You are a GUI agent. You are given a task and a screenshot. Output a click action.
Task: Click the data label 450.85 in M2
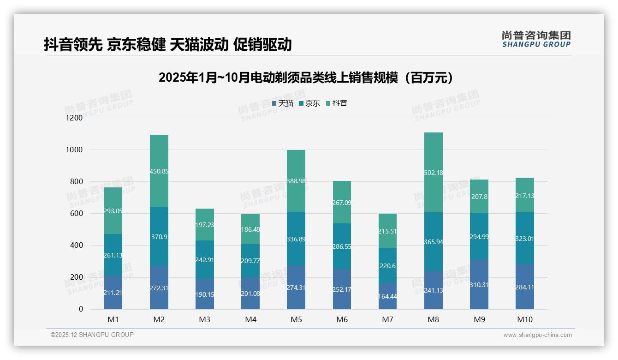tap(159, 171)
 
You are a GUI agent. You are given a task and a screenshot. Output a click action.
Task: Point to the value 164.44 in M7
tap(387, 297)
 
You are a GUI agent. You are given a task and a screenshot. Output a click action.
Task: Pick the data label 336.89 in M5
tap(296, 239)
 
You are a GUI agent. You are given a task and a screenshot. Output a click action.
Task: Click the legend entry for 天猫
tap(283, 103)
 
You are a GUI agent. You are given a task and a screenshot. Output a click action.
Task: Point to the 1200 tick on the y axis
tap(74, 118)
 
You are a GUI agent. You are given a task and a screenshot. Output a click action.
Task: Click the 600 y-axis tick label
tap(77, 214)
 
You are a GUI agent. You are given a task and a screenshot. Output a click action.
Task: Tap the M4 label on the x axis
tap(250, 319)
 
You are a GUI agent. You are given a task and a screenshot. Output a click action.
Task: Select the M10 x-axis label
tap(524, 319)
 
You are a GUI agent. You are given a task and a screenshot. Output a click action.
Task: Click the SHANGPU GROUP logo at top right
tap(536, 39)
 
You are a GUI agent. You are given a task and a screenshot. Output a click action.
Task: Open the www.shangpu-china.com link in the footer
tap(537, 335)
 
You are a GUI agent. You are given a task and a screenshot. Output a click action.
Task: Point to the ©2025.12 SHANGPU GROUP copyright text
tap(92, 335)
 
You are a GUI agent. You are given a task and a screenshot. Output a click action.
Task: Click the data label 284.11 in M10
tap(524, 287)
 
